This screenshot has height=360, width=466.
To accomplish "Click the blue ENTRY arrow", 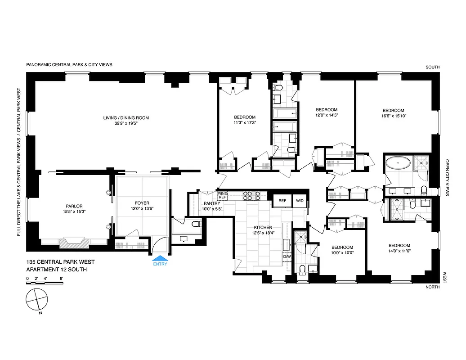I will click(160, 258).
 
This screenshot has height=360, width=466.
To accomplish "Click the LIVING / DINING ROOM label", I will click(126, 118).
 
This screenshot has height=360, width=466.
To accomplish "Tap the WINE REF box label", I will click(223, 195).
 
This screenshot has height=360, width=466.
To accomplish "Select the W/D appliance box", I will click(299, 201).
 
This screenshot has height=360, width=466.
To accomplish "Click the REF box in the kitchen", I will click(282, 201).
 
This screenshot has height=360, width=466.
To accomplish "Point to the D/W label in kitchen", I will click(287, 256).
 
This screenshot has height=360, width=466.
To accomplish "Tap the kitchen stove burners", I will click(251, 195).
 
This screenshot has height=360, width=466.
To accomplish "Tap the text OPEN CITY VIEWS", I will click(447, 177).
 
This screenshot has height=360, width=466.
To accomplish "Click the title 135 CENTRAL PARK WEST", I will click(60, 262).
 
